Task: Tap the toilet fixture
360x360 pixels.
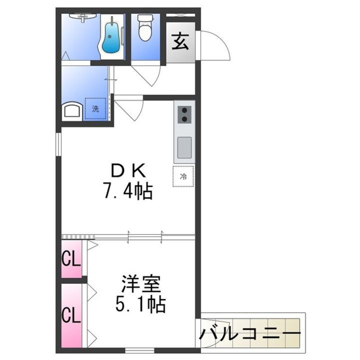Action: pyautogui.click(x=145, y=28)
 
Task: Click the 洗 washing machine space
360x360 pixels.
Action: pyautogui.click(x=95, y=108)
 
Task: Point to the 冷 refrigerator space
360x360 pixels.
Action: pyautogui.click(x=183, y=176)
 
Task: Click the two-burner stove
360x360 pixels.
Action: pyautogui.click(x=184, y=114)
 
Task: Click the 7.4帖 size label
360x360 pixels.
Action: pyautogui.click(x=127, y=190)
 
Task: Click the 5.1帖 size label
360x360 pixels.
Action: pyautogui.click(x=141, y=304)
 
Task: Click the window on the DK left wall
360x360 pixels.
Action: pyautogui.click(x=58, y=148)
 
